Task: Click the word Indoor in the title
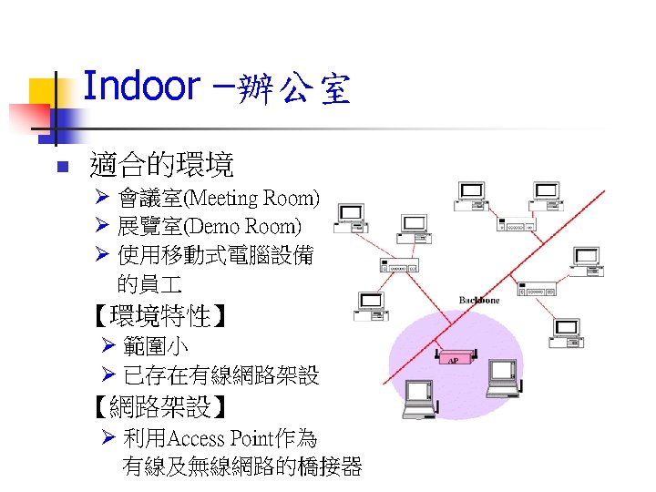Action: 140,87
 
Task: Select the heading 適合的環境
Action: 161,165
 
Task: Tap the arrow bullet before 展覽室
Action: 103,226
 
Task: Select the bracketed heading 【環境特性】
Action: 160,317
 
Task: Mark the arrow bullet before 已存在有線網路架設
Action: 108,374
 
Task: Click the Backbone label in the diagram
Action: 479,300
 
